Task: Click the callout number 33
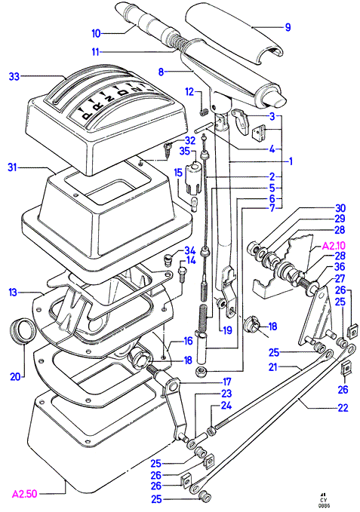(14, 77)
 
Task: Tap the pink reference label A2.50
(24, 494)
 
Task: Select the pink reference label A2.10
(334, 246)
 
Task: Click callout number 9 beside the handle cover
(288, 27)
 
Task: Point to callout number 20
(15, 377)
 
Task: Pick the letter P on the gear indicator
(86, 115)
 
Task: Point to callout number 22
(343, 407)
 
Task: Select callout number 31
(12, 168)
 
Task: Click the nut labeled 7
(200, 371)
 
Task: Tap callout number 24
(226, 405)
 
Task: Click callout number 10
(96, 34)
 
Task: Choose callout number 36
(340, 267)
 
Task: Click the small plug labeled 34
(168, 259)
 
